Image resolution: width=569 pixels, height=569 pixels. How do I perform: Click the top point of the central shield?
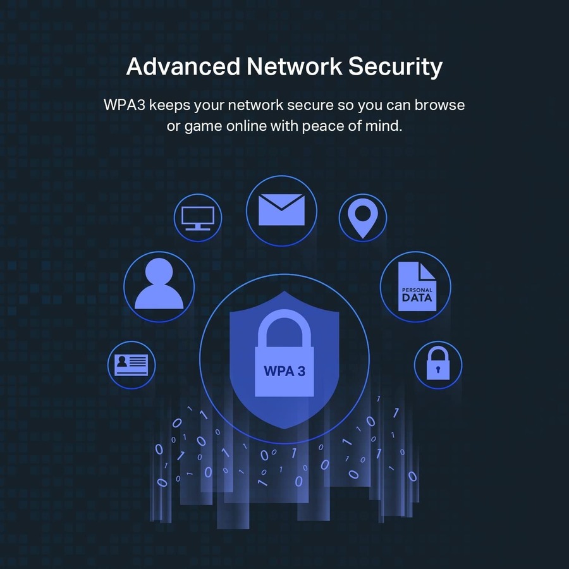(x=284, y=291)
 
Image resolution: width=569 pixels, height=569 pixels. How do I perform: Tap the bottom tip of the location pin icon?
(x=362, y=238)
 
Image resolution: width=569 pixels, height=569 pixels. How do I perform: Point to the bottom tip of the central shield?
(x=284, y=429)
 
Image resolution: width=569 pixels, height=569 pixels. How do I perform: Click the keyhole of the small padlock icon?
(x=438, y=369)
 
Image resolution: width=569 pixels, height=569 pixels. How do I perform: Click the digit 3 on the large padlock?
(x=301, y=371)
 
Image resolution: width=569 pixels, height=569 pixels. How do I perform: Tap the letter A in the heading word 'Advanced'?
(x=136, y=66)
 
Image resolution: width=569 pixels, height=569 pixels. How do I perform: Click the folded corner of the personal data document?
(x=427, y=271)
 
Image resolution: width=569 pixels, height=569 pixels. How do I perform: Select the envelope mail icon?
(x=281, y=210)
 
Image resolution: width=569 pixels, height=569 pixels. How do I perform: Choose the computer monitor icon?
(x=198, y=218)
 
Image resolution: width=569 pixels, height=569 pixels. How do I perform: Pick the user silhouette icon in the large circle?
(x=159, y=283)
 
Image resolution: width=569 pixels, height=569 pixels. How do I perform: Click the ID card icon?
(x=132, y=365)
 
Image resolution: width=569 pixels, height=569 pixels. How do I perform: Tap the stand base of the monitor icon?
(x=198, y=229)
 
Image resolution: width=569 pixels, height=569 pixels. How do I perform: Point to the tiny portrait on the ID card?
(x=121, y=361)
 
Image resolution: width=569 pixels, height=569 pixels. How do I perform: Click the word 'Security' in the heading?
(x=395, y=68)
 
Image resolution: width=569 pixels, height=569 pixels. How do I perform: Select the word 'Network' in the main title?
(x=294, y=66)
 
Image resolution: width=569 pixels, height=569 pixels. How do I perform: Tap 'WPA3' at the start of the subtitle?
(x=124, y=105)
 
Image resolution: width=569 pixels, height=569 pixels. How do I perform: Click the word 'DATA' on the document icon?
(x=417, y=298)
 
